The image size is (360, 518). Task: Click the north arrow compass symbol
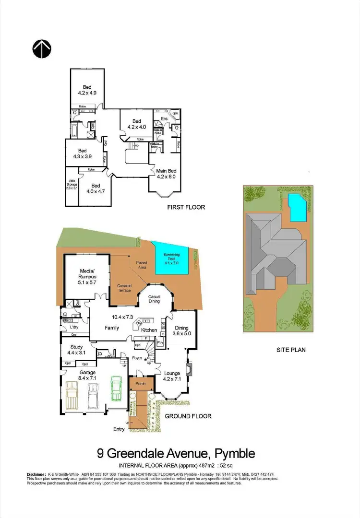tap(42, 48)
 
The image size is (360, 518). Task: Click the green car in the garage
tap(116, 388)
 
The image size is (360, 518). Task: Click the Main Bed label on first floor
tap(167, 173)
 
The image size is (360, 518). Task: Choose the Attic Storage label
tap(72, 184)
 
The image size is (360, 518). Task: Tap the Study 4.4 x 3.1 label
tap(77, 350)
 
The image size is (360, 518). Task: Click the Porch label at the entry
tap(141, 384)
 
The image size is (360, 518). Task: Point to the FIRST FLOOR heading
tap(186, 208)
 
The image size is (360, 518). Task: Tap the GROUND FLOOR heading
tap(188, 416)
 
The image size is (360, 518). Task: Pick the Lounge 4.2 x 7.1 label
tap(172, 376)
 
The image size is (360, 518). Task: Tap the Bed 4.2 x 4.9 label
tap(87, 90)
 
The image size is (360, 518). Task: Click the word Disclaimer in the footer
tap(36, 474)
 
